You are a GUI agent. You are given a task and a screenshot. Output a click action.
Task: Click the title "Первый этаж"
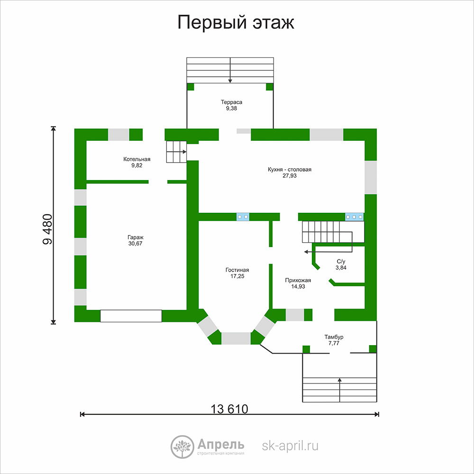236,23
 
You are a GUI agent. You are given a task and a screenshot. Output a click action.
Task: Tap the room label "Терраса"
231,102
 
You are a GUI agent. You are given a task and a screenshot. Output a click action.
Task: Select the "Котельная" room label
137,159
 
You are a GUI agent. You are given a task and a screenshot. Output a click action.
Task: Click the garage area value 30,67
135,244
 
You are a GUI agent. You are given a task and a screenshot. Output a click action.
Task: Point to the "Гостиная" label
237,270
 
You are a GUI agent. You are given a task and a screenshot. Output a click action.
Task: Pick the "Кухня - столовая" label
289,170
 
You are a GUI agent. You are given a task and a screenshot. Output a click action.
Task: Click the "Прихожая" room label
298,280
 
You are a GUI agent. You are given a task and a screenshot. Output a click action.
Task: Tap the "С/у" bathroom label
341,262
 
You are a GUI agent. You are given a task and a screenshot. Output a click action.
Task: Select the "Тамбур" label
334,337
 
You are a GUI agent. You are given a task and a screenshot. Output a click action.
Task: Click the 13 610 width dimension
229,409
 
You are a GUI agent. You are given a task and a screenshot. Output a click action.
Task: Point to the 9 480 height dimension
48,229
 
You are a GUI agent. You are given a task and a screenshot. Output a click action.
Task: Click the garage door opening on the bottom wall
131,316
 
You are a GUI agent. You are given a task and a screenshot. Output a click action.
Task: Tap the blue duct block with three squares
354,217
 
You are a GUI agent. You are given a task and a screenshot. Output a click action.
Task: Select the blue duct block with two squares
243,217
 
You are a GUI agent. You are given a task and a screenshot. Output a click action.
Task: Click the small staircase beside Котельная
176,152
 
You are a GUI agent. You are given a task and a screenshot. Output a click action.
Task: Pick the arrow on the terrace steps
230,70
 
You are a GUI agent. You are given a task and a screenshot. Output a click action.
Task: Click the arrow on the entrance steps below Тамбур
339,390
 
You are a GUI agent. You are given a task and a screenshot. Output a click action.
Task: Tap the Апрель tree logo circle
182,447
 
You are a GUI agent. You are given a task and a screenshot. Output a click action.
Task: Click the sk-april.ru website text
290,446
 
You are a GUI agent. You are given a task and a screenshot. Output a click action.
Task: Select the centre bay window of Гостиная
236,338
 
